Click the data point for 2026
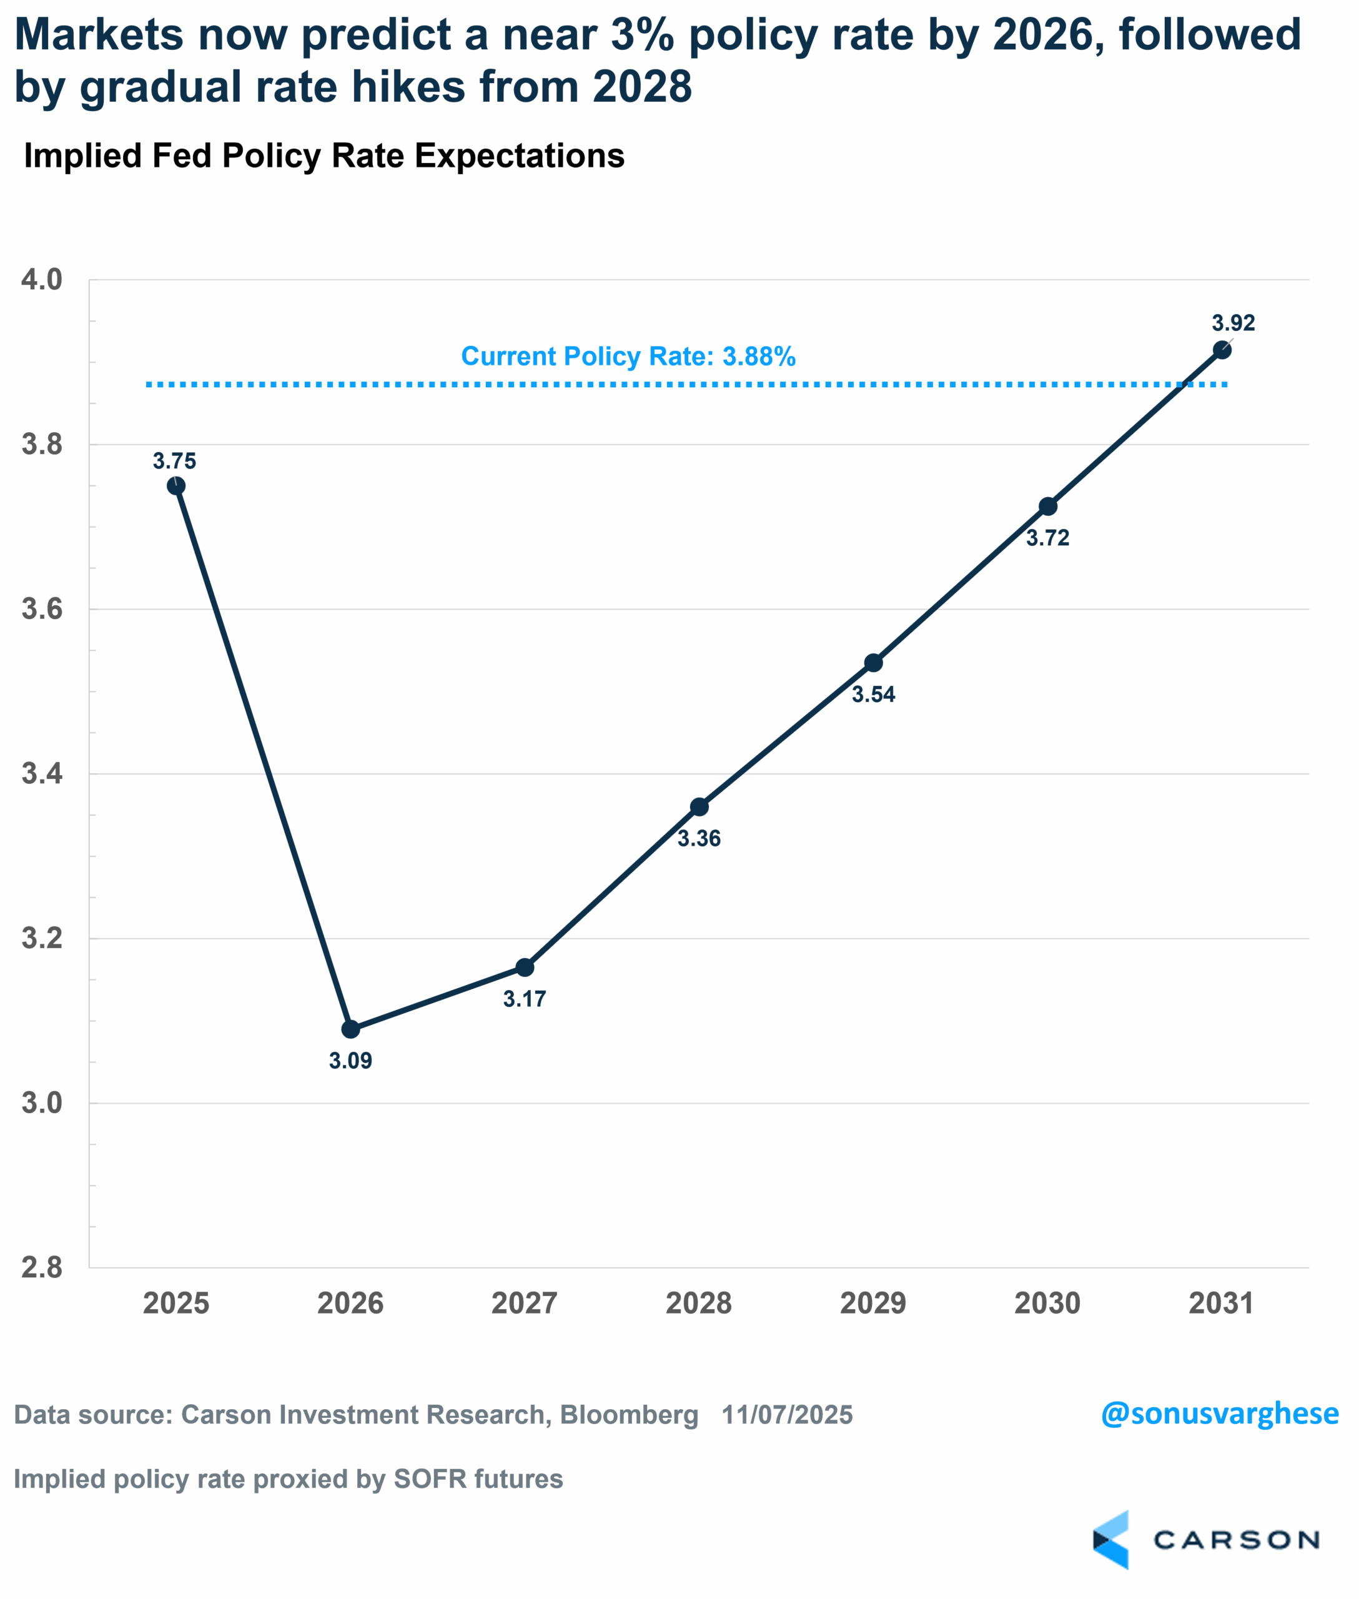[350, 1029]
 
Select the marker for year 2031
[1222, 350]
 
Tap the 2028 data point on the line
[699, 807]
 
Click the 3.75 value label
[174, 461]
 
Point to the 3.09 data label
[350, 1061]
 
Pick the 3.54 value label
[873, 695]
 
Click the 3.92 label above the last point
[1233, 323]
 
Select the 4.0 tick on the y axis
[42, 280]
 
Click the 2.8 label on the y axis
[42, 1267]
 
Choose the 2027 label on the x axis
[525, 1303]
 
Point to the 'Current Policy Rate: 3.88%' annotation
[628, 356]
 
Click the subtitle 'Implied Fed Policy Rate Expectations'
[324, 156]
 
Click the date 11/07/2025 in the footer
[786, 1415]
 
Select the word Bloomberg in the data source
[629, 1415]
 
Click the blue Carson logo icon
[1111, 1540]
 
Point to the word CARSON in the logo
[1236, 1540]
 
